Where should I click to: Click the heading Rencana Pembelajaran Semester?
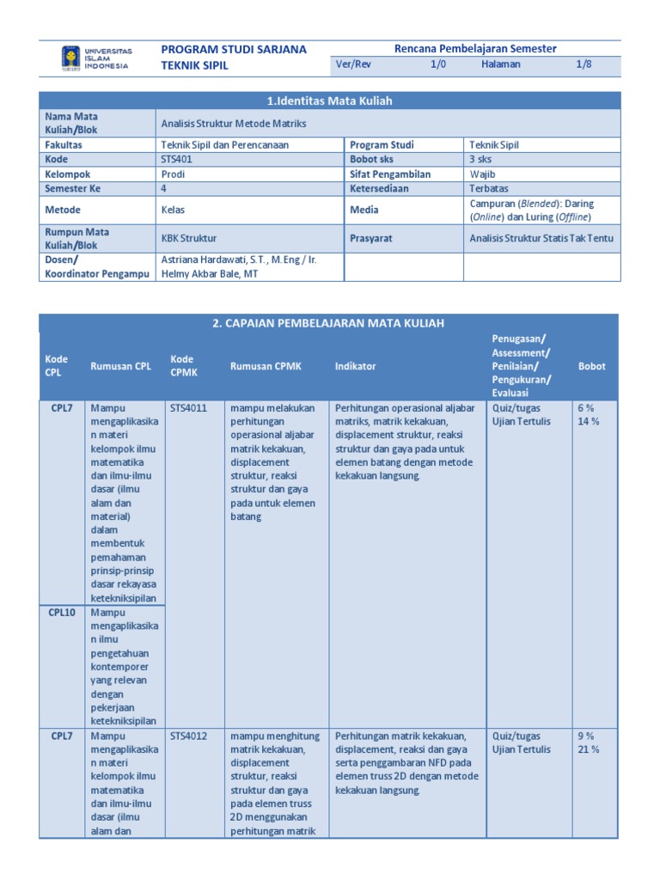(475, 49)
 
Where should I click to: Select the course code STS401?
(178, 160)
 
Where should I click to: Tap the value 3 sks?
(481, 160)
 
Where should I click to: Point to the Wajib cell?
(483, 174)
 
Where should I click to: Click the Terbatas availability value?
(489, 188)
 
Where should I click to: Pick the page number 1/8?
(584, 65)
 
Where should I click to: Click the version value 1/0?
(438, 65)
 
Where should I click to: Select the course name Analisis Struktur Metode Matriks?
(234, 124)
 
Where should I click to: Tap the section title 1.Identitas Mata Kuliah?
(329, 101)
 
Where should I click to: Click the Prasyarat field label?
(370, 238)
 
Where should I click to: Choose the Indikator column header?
(355, 366)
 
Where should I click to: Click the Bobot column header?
(591, 366)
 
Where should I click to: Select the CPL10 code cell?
(61, 613)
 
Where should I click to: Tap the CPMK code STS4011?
(188, 408)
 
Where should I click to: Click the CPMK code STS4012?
(188, 736)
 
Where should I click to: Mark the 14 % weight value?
(589, 421)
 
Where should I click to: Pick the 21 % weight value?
(589, 749)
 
